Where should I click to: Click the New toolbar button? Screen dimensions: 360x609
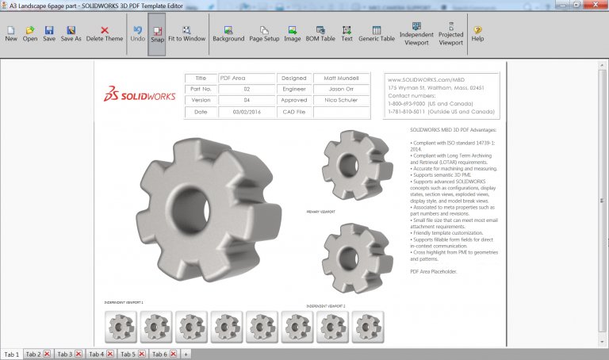coord(11,33)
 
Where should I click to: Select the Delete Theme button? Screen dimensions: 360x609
coord(105,33)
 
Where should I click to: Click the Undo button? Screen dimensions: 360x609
coord(137,33)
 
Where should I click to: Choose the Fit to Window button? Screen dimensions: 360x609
coord(186,33)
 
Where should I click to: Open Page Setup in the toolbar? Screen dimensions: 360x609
coord(264,33)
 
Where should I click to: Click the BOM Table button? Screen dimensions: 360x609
coord(320,33)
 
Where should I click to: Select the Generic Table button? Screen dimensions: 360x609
coord(377,33)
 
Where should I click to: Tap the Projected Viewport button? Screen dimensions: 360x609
coord(450,34)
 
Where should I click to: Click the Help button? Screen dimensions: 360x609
coord(478,33)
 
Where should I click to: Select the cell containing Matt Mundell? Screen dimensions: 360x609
coord(341,79)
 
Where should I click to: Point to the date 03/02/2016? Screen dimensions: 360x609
coord(247,113)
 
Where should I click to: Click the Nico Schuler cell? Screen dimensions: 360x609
coord(341,101)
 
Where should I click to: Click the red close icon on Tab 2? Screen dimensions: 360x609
coord(47,354)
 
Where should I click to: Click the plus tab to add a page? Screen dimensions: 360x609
coord(186,354)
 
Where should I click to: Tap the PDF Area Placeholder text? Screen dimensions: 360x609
coord(434,271)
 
